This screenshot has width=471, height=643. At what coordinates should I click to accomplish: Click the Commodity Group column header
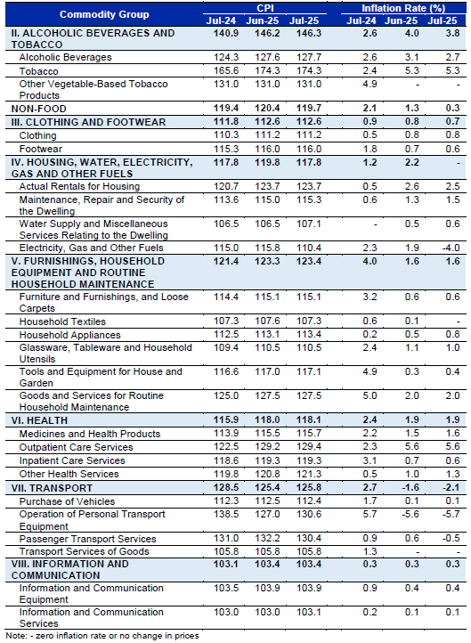click(x=104, y=14)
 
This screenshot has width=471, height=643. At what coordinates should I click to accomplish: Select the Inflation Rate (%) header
click(x=403, y=8)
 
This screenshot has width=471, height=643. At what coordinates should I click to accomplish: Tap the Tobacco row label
click(x=38, y=71)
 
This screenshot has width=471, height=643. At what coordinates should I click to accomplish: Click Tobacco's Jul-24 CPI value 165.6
click(x=226, y=70)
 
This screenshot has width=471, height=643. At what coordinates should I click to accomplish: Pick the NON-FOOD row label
click(x=38, y=109)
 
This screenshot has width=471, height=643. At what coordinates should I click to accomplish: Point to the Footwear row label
click(x=41, y=149)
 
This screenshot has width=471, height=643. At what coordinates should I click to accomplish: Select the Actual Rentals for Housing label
click(x=79, y=187)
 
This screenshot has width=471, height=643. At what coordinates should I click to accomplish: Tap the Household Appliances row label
click(x=69, y=335)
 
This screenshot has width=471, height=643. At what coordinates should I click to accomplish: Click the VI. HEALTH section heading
click(x=39, y=420)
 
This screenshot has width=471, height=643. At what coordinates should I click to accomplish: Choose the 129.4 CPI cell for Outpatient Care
click(x=309, y=446)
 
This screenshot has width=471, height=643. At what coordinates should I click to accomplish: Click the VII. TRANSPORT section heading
click(x=52, y=488)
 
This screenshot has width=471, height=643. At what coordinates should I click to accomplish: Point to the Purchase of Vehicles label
click(x=67, y=501)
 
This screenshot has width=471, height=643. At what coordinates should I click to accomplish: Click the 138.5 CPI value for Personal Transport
click(x=226, y=514)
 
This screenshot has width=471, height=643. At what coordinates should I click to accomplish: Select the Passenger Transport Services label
click(x=88, y=539)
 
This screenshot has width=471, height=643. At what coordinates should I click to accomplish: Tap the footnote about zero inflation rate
click(x=102, y=636)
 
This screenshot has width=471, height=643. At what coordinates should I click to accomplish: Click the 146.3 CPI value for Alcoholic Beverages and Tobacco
click(x=309, y=33)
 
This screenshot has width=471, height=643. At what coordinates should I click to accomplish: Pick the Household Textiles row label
click(x=62, y=321)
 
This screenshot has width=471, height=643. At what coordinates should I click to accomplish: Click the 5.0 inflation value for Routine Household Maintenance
click(x=369, y=395)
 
